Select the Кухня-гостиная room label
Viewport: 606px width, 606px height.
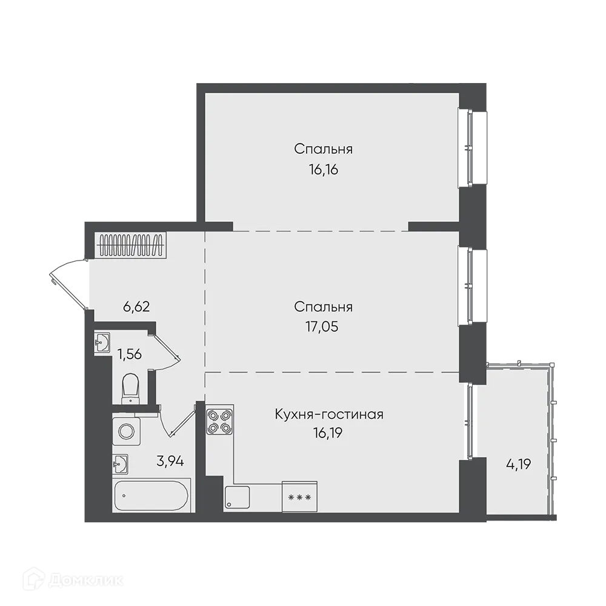[x=329, y=415]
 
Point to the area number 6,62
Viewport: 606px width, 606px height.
[x=136, y=306]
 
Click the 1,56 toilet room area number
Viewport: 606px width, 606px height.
[x=130, y=354]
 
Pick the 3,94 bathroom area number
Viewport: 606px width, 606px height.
[x=170, y=461]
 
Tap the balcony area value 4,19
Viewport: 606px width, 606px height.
[x=519, y=465]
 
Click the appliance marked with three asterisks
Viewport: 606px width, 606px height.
[x=300, y=497]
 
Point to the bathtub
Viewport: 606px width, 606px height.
[x=152, y=496]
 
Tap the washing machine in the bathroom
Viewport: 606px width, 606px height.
[x=127, y=431]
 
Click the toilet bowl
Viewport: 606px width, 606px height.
[x=130, y=388]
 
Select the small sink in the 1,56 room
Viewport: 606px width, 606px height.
[x=102, y=342]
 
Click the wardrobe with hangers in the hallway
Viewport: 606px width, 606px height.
[x=132, y=246]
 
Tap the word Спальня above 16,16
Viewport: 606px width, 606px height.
[x=324, y=149]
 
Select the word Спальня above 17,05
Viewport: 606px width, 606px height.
[x=323, y=307]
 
